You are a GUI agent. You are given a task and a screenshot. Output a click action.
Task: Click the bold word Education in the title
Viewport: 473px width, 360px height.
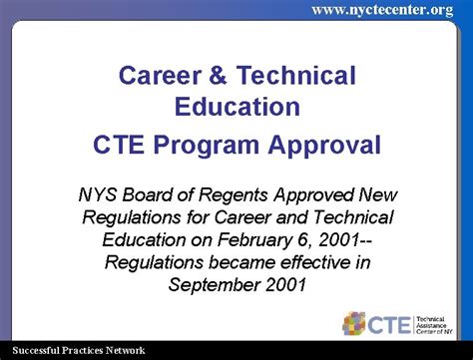[236, 106]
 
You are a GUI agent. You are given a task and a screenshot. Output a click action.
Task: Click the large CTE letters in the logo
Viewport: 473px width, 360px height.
[391, 323]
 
